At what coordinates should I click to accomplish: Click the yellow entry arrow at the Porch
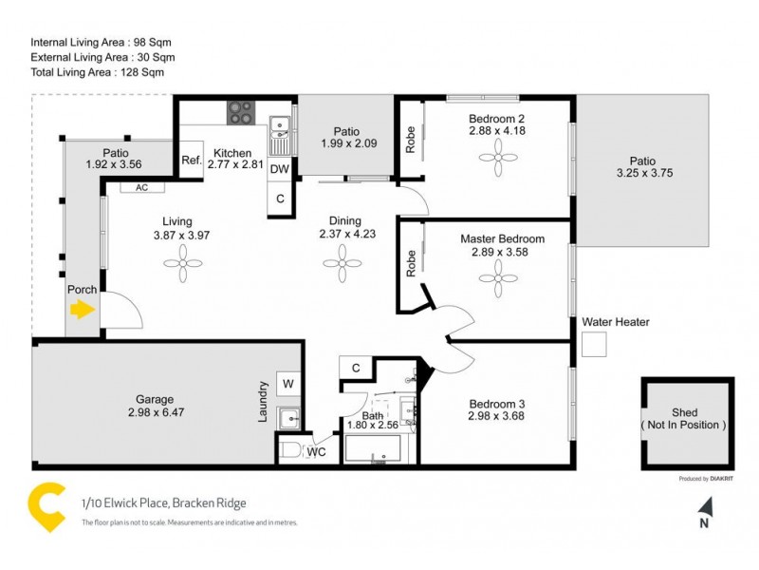tap(83, 309)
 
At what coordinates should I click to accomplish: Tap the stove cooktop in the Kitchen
tap(239, 112)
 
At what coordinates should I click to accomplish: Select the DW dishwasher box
tap(279, 169)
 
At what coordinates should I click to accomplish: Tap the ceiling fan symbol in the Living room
tap(190, 271)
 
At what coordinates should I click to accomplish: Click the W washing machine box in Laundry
tap(288, 385)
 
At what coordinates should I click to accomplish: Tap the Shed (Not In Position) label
tap(685, 419)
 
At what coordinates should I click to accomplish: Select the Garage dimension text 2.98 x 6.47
tap(153, 413)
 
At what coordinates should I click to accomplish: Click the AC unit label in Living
tap(141, 188)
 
